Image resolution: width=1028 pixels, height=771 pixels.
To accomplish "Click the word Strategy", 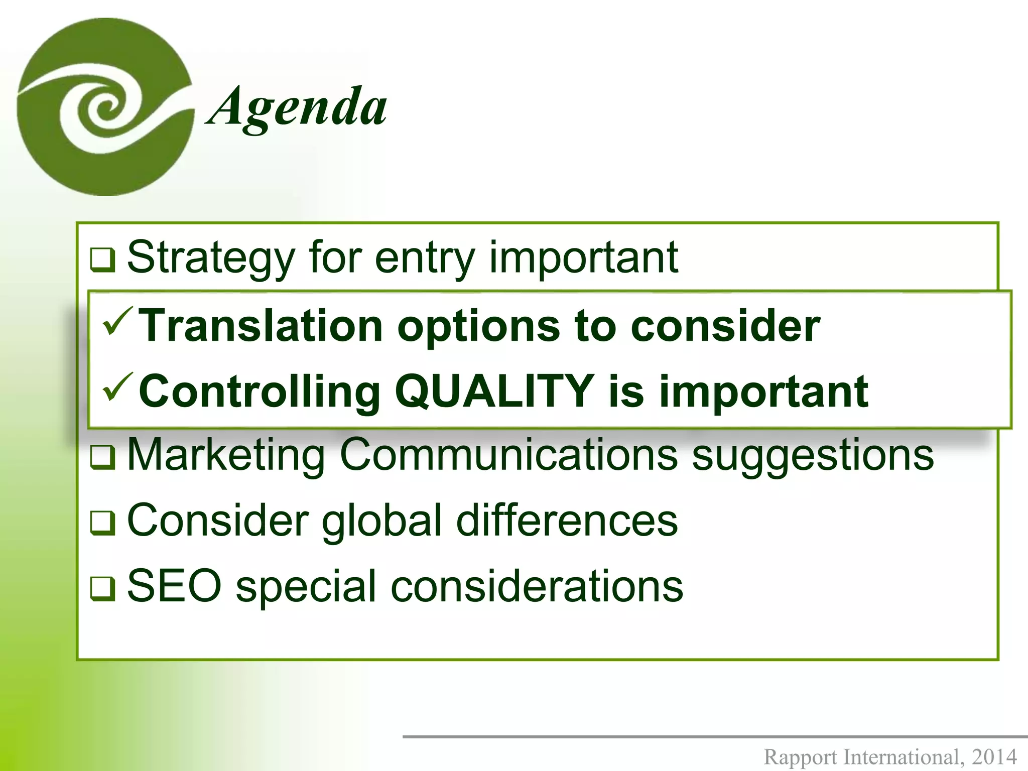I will click(211, 259).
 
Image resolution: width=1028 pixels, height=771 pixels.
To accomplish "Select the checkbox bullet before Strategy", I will click(103, 260).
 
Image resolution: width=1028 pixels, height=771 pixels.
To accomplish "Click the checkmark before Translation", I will click(117, 322).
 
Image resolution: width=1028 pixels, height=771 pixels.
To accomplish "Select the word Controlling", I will click(259, 393).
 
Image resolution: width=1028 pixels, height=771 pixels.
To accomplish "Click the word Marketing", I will click(226, 455).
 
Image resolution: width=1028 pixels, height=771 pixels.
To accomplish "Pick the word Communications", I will click(508, 455).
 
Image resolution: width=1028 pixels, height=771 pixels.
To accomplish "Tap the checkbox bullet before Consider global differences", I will click(103, 523).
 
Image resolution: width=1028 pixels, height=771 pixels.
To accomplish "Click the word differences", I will click(567, 521).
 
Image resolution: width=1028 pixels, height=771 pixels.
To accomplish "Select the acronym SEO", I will click(174, 586).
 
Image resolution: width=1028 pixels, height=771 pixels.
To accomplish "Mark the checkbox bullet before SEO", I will click(103, 588).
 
